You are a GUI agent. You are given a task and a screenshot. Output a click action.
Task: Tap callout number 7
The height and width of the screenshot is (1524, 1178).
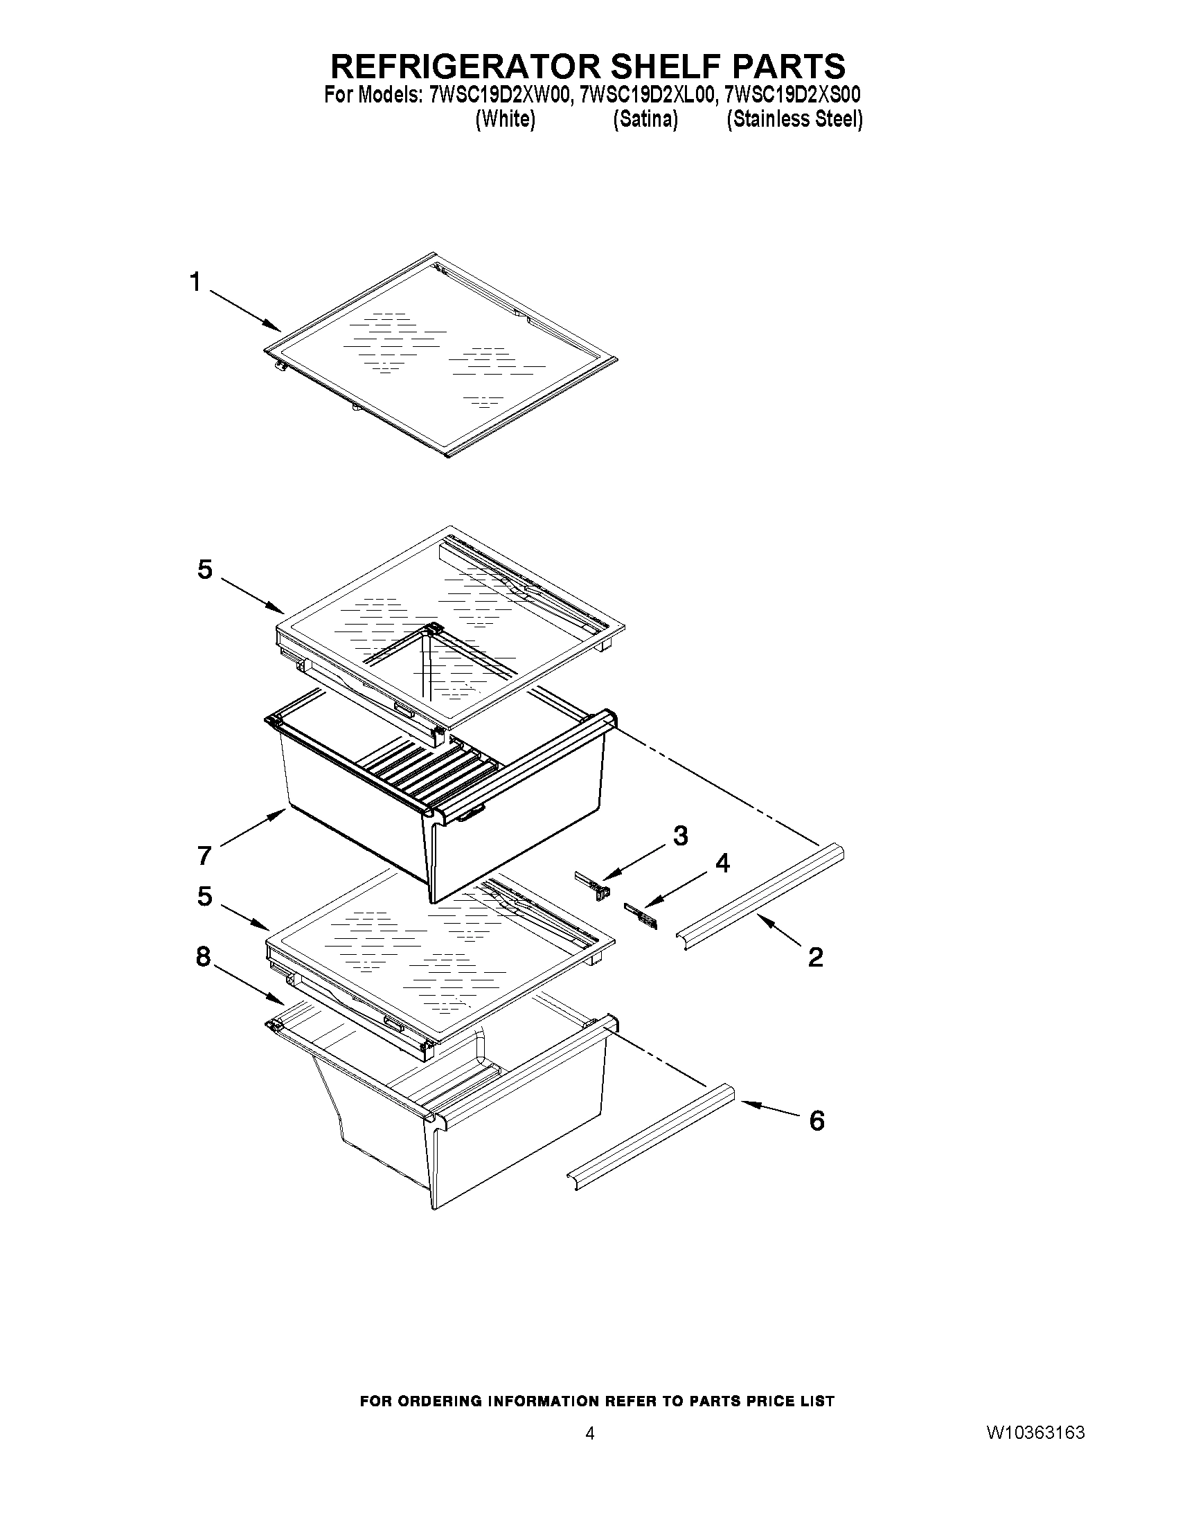point(204,855)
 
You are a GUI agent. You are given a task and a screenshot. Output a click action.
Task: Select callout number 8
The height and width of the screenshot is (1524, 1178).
point(203,957)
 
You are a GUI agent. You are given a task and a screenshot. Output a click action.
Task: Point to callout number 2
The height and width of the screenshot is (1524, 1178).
point(815,958)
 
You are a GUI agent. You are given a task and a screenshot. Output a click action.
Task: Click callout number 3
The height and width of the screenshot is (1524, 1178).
point(680,835)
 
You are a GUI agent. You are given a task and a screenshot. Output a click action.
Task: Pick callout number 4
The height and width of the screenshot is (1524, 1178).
point(723,863)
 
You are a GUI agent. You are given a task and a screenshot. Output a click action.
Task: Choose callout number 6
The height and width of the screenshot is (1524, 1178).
point(816,1121)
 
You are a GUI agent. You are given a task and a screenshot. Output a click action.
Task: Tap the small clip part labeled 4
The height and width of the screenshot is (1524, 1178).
point(641,915)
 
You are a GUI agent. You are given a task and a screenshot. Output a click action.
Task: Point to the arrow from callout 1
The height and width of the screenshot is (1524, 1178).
point(245,310)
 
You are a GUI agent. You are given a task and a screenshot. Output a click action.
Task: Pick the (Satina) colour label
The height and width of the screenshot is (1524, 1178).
point(645,120)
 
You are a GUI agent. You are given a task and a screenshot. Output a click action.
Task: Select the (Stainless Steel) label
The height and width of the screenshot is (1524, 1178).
point(794,120)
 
